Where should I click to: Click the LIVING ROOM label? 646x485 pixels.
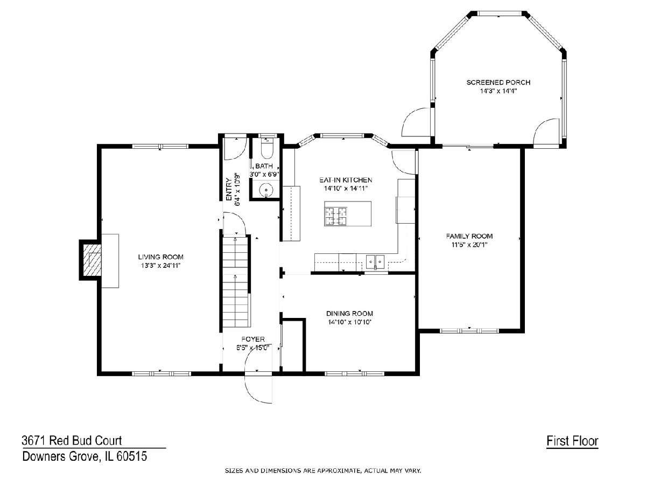pyautogui.click(x=160, y=257)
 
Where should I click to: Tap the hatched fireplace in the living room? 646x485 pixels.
pyautogui.click(x=92, y=260)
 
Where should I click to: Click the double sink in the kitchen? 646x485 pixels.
pyautogui.click(x=375, y=262)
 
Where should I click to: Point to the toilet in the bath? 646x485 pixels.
pyautogui.click(x=267, y=150)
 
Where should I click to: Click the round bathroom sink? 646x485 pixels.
pyautogui.click(x=266, y=190)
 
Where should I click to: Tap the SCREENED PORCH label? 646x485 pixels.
pyautogui.click(x=498, y=82)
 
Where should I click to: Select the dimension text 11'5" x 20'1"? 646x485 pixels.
pyautogui.click(x=469, y=245)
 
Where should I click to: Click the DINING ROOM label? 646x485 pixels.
pyautogui.click(x=349, y=313)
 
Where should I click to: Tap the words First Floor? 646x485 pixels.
pyautogui.click(x=572, y=441)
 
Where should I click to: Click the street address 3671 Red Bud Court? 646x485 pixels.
pyautogui.click(x=72, y=440)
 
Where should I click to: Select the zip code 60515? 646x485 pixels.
pyautogui.click(x=132, y=456)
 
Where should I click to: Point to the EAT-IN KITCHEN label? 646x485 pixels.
pyautogui.click(x=346, y=180)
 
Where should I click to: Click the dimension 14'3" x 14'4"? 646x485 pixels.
pyautogui.click(x=498, y=91)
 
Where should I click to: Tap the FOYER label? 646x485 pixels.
pyautogui.click(x=253, y=339)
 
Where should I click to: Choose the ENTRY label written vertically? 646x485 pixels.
pyautogui.click(x=229, y=190)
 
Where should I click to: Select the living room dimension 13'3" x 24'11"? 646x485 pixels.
pyautogui.click(x=160, y=266)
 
